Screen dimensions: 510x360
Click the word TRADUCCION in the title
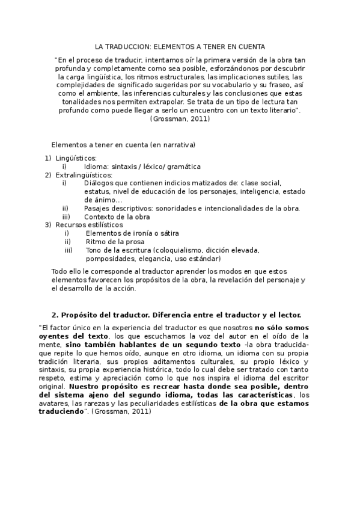(x=130, y=46)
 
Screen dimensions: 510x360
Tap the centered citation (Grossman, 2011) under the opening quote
(x=180, y=119)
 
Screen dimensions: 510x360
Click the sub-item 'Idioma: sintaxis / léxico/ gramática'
(x=142, y=167)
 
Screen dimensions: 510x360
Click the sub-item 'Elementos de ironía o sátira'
(x=132, y=233)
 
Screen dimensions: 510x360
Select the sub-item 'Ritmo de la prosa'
(x=115, y=242)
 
